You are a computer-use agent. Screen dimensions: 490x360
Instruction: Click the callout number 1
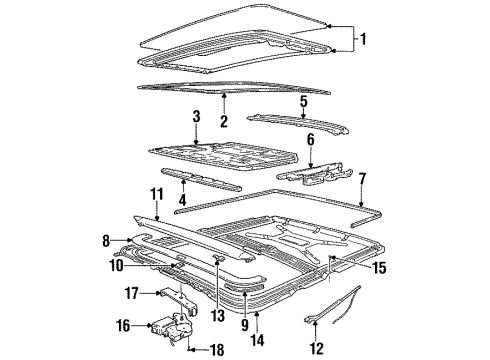363,39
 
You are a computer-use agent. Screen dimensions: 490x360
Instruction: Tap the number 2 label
224,121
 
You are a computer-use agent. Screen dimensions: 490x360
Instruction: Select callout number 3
196,116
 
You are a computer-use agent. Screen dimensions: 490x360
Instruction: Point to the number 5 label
303,101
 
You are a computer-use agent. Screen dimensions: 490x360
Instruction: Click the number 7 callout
362,179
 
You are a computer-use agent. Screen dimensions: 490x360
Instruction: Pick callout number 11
156,194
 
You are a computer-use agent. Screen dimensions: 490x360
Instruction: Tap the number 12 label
316,349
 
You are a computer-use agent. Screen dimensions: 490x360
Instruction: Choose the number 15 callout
379,268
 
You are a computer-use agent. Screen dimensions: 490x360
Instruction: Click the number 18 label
216,350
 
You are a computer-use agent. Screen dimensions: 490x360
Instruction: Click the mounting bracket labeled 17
179,300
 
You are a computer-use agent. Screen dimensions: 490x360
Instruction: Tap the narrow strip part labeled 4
201,180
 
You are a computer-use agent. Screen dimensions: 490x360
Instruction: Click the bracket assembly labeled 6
314,173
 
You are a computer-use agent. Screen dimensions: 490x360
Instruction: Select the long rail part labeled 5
298,123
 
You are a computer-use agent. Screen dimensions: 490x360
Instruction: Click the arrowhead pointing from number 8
130,240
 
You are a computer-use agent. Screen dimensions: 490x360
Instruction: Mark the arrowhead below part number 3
196,143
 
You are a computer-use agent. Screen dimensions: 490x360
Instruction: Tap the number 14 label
257,340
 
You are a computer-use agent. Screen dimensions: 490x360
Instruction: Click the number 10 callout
116,266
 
